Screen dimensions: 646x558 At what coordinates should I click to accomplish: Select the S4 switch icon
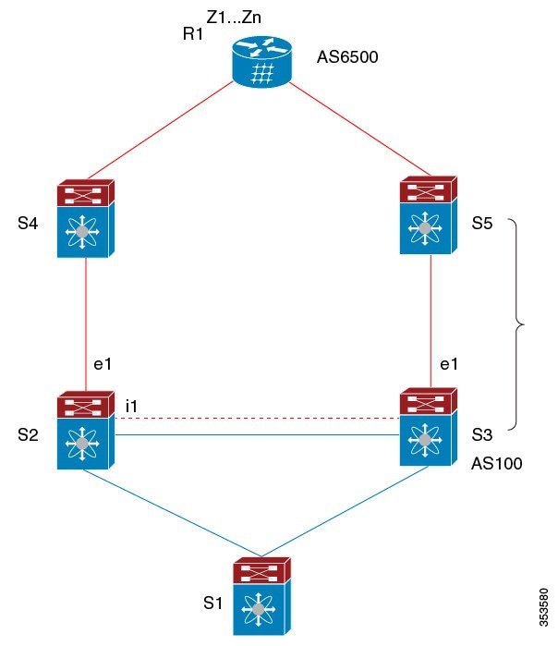[85, 218]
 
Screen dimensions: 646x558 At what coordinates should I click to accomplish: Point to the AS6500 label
[347, 57]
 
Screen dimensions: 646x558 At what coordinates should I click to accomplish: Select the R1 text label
[193, 36]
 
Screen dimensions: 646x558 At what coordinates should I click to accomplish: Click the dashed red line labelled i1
[259, 419]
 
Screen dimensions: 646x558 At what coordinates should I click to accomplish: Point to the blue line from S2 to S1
[166, 513]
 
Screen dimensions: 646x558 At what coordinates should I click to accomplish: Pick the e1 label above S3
[449, 364]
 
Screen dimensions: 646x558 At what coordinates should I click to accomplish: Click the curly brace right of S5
[518, 324]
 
